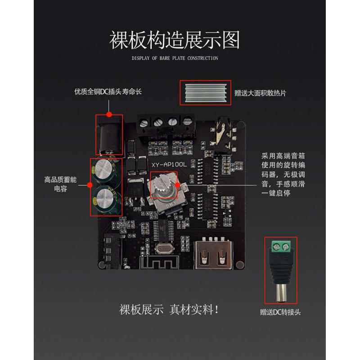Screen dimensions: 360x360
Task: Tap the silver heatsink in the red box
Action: tap(206, 92)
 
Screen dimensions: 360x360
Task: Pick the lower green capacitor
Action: tap(107, 198)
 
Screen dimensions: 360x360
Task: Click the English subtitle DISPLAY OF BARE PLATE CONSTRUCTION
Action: tap(175, 58)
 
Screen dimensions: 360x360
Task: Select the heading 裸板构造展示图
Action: tap(175, 40)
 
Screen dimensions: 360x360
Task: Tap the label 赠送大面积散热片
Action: tap(261, 93)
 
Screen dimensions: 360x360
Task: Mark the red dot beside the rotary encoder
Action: tap(177, 184)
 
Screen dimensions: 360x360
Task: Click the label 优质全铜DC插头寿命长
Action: tap(108, 92)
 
